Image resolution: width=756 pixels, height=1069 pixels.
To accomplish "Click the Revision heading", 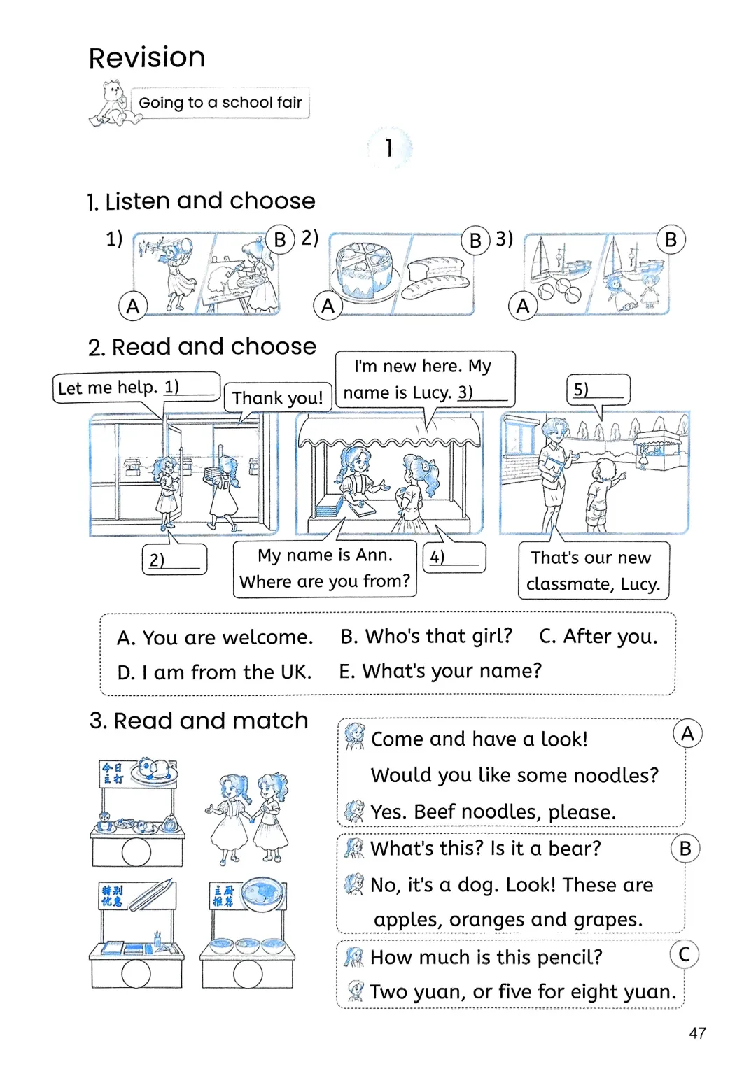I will (147, 57).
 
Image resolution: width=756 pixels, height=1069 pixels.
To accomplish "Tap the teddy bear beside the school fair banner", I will (112, 103).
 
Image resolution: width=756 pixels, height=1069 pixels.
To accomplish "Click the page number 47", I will (697, 1033).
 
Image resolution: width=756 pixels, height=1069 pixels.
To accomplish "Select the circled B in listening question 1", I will (280, 239).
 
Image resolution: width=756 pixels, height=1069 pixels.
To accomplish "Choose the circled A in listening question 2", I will (328, 306).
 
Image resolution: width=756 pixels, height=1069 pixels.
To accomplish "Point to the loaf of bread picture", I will (436, 278).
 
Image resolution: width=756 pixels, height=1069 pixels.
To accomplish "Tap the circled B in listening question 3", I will (671, 239).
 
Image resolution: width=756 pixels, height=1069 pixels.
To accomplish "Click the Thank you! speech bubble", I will (277, 398).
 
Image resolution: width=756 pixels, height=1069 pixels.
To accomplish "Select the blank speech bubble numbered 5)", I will (598, 390).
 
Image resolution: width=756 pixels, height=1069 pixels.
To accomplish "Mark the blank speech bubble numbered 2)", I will (174, 560).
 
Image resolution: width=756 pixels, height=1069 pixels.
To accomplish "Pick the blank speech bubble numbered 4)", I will (454, 558).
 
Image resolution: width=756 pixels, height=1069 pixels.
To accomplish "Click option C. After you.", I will (598, 636).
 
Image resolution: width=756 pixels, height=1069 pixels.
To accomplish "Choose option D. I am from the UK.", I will (214, 672).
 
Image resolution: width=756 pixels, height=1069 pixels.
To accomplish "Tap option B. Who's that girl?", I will (426, 636).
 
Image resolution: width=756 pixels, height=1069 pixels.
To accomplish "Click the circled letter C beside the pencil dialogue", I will (684, 954).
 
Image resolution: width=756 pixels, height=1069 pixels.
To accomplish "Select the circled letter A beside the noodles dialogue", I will (687, 733).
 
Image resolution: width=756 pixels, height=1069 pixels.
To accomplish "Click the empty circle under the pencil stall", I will (136, 973).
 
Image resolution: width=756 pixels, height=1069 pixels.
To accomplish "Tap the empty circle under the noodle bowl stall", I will (248, 973).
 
